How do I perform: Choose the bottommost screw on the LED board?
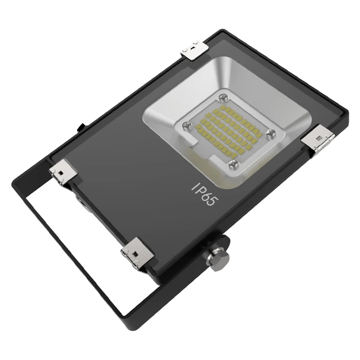click(233, 163)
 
